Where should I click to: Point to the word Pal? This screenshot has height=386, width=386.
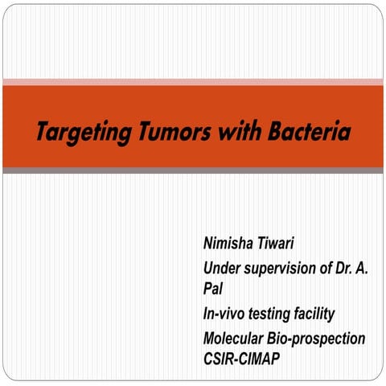click(x=213, y=287)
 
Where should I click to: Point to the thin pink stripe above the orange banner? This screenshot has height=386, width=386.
click(x=193, y=82)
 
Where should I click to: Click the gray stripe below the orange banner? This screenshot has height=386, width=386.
click(x=193, y=170)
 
